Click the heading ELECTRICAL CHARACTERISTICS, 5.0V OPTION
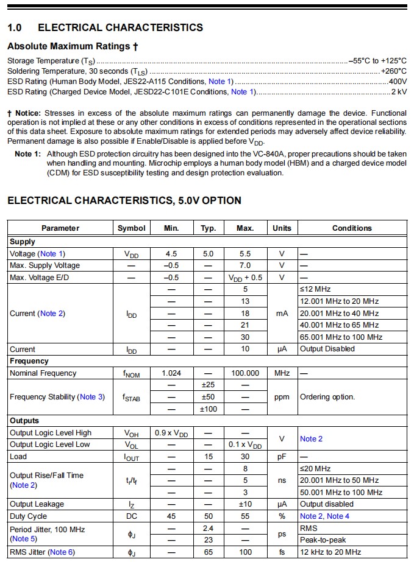pos(124,200)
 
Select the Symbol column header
pos(131,228)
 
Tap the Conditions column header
pos(352,228)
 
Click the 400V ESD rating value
pos(397,82)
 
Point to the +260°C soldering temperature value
pos(394,71)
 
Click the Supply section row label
pos(23,242)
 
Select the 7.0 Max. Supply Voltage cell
pos(244,265)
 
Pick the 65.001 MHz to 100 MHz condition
pos(341,337)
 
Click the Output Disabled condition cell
pos(327,349)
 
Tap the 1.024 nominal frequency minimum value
pos(171,373)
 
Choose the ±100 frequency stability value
pos(209,409)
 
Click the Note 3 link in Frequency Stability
pos(88,397)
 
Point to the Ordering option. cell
pos(327,397)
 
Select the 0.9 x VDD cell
pos(171,433)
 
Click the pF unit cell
pos(282,457)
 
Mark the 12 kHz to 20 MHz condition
pos(330,552)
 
